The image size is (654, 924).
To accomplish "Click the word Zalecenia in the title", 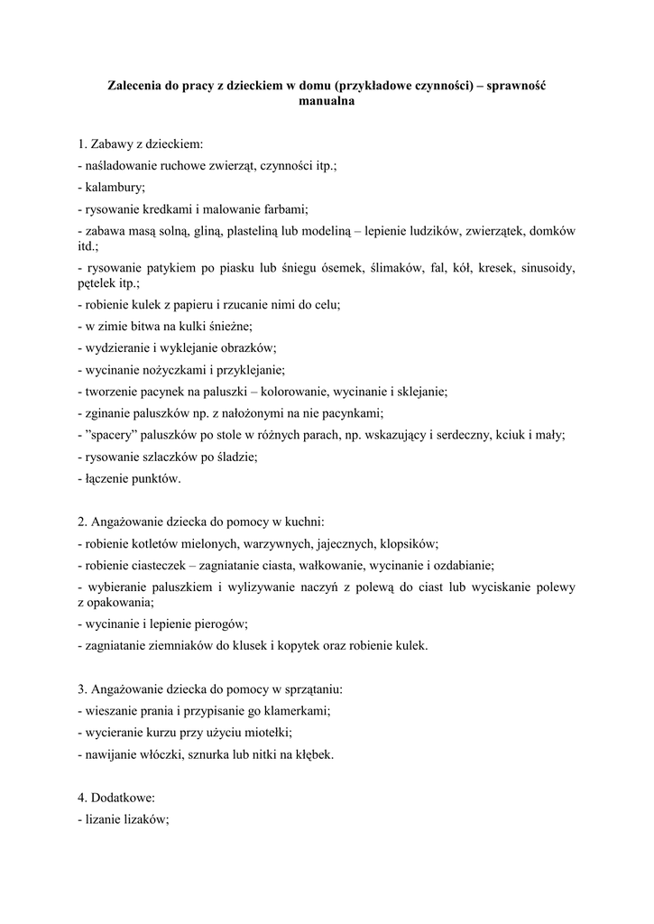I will tap(134, 85).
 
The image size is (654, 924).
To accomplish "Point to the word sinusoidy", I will tap(542, 268).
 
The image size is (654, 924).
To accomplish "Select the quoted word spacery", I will tap(114, 435).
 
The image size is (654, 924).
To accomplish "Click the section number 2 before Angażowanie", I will tap(81, 522).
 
